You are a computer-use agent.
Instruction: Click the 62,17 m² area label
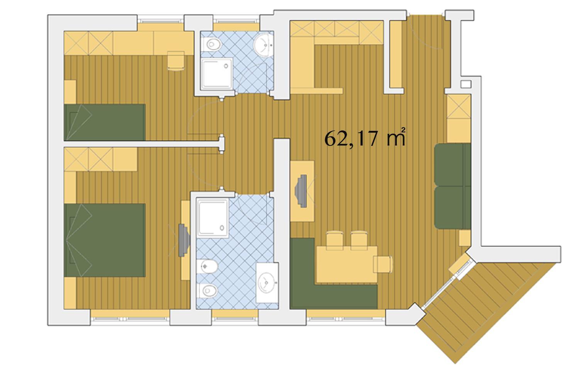pyautogui.click(x=364, y=138)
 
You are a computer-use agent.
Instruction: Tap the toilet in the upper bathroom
pyautogui.click(x=212, y=44)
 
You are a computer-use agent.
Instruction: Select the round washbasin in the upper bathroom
pyautogui.click(x=263, y=45)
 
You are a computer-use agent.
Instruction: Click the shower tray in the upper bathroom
pyautogui.click(x=217, y=74)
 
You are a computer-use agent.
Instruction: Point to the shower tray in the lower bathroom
pyautogui.click(x=212, y=218)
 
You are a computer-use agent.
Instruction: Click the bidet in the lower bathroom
pyautogui.click(x=207, y=266)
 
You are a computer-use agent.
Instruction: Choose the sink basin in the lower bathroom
pyautogui.click(x=267, y=283)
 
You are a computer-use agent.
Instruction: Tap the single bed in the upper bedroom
pyautogui.click(x=105, y=122)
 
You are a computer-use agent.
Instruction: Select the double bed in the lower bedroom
pyautogui.click(x=105, y=240)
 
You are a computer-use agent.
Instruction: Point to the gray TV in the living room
pyautogui.click(x=301, y=191)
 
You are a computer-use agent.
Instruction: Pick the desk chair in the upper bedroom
pyautogui.click(x=176, y=61)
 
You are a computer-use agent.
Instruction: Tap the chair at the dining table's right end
pyautogui.click(x=383, y=264)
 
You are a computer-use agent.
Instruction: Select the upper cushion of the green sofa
pyautogui.click(x=452, y=164)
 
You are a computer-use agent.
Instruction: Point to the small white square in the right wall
pyautogui.click(x=466, y=84)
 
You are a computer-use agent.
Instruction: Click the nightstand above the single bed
pyautogui.click(x=70, y=92)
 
